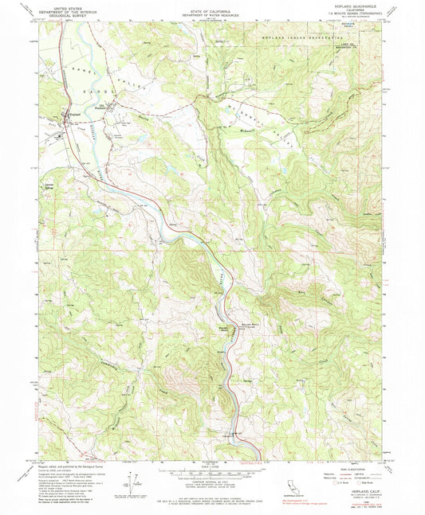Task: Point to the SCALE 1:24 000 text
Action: (x=212, y=466)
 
